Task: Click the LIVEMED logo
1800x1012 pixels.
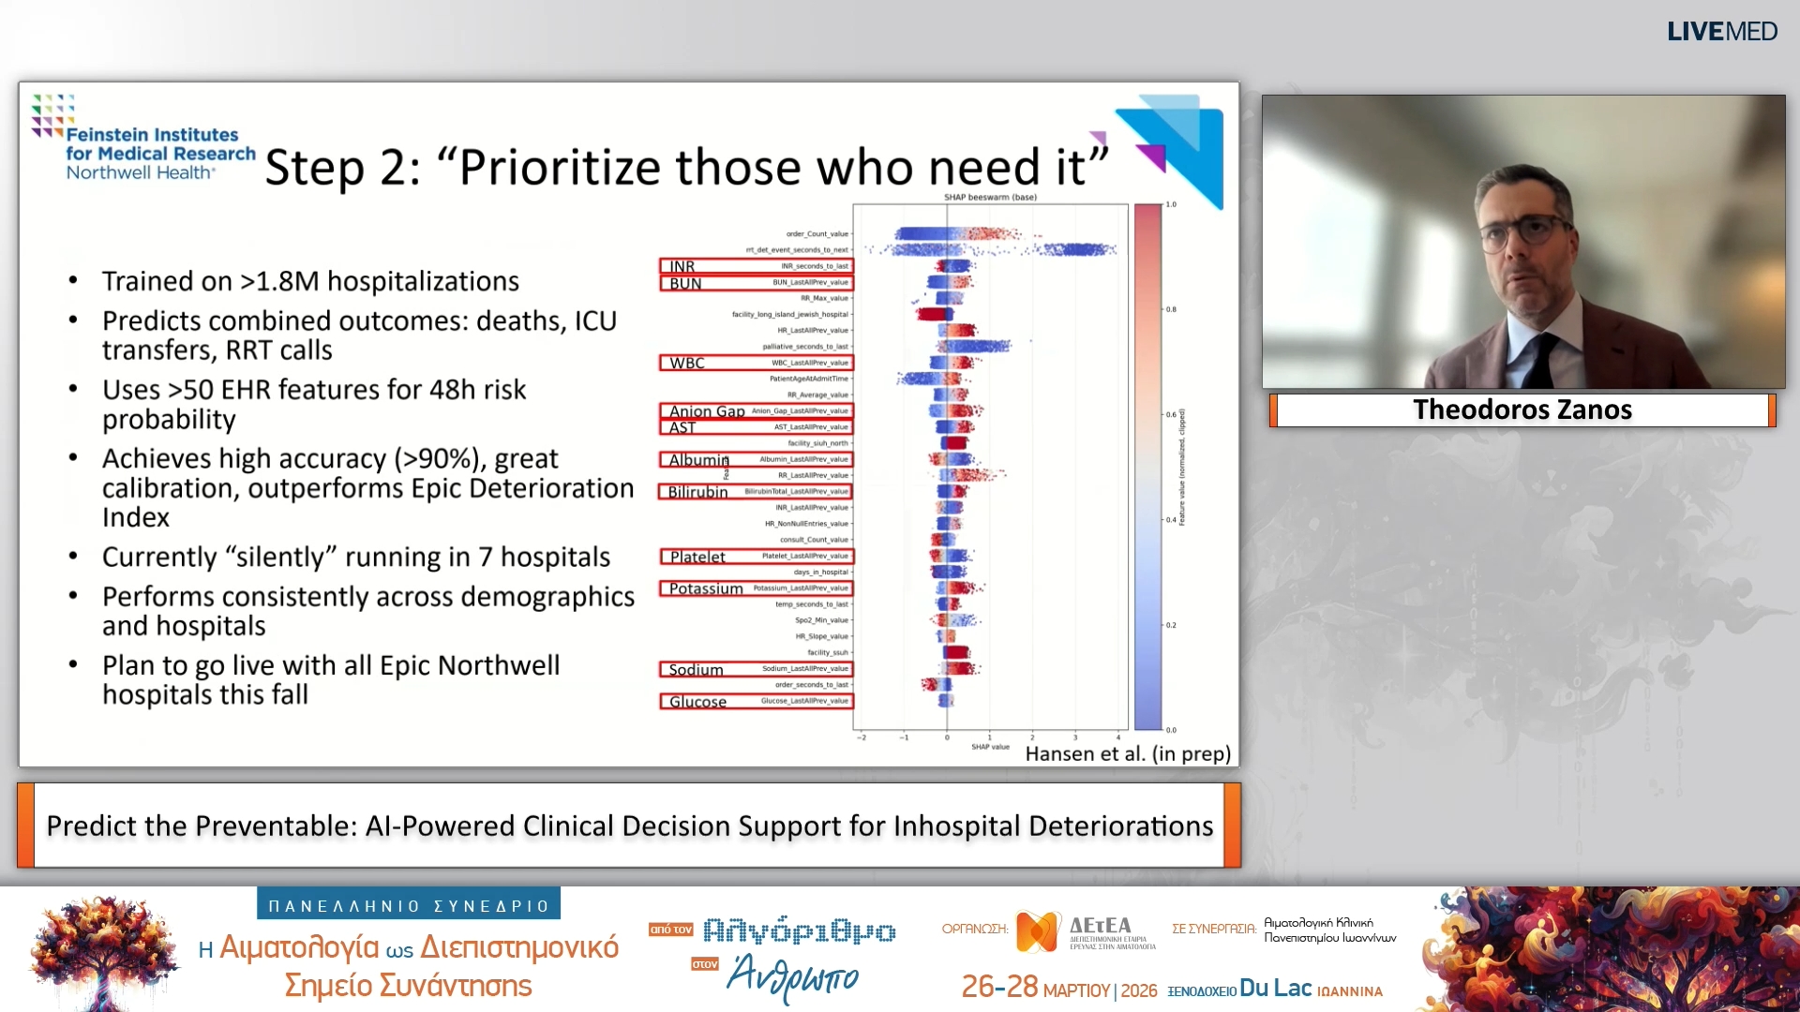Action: coord(1721,32)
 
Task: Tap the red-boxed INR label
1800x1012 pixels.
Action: coord(682,267)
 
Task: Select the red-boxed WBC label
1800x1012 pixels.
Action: coord(687,364)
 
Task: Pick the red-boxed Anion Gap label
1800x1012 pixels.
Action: coord(707,411)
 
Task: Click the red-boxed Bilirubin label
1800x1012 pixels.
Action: coord(697,492)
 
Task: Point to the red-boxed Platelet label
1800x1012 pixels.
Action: coord(697,557)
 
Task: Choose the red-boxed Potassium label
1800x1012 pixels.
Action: coord(706,588)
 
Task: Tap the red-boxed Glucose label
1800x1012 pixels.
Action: coord(697,702)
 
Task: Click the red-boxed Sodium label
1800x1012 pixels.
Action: coord(696,670)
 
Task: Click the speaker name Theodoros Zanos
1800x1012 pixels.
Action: coord(1522,409)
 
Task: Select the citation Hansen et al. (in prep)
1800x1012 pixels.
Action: coord(1128,753)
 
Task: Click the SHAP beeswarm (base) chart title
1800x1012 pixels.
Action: coord(990,198)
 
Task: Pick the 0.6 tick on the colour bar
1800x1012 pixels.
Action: coord(1171,414)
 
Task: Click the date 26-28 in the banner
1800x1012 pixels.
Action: coord(999,987)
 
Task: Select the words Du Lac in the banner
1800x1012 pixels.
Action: coord(1275,988)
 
